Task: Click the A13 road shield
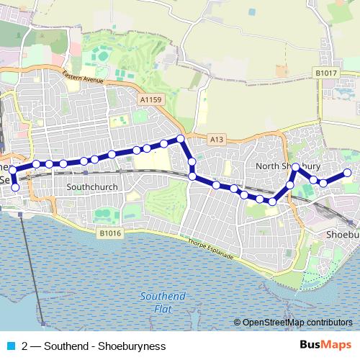tap(217, 138)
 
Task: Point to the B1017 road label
tap(325, 73)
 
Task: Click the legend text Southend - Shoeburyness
tap(104, 346)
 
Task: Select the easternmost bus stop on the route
tap(347, 173)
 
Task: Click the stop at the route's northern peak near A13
tap(181, 138)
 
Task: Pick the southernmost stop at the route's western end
tap(15, 188)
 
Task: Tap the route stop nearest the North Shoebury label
tap(295, 167)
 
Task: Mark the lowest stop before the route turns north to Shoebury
tap(272, 202)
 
